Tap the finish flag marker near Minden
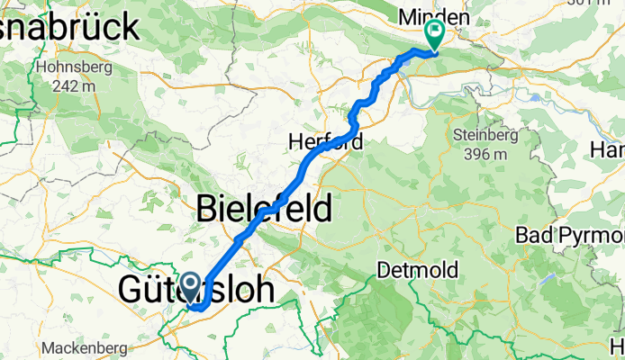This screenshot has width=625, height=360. [436, 34]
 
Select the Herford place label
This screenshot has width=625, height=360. [325, 141]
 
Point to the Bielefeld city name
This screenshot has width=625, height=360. [263, 208]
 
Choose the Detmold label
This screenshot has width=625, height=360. [417, 270]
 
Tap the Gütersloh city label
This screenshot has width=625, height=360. [201, 290]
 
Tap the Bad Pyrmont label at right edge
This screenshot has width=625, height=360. [570, 235]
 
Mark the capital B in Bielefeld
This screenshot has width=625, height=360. [206, 208]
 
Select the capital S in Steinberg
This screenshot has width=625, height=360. [459, 136]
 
